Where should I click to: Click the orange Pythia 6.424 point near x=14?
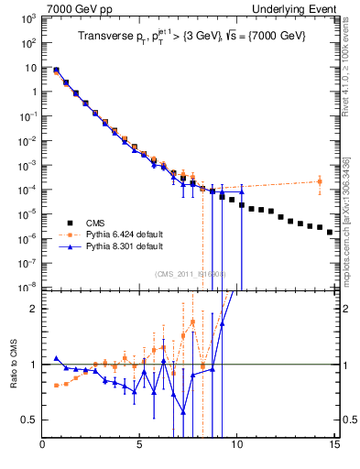coord(320,181)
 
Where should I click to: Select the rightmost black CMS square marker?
coord(330,232)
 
